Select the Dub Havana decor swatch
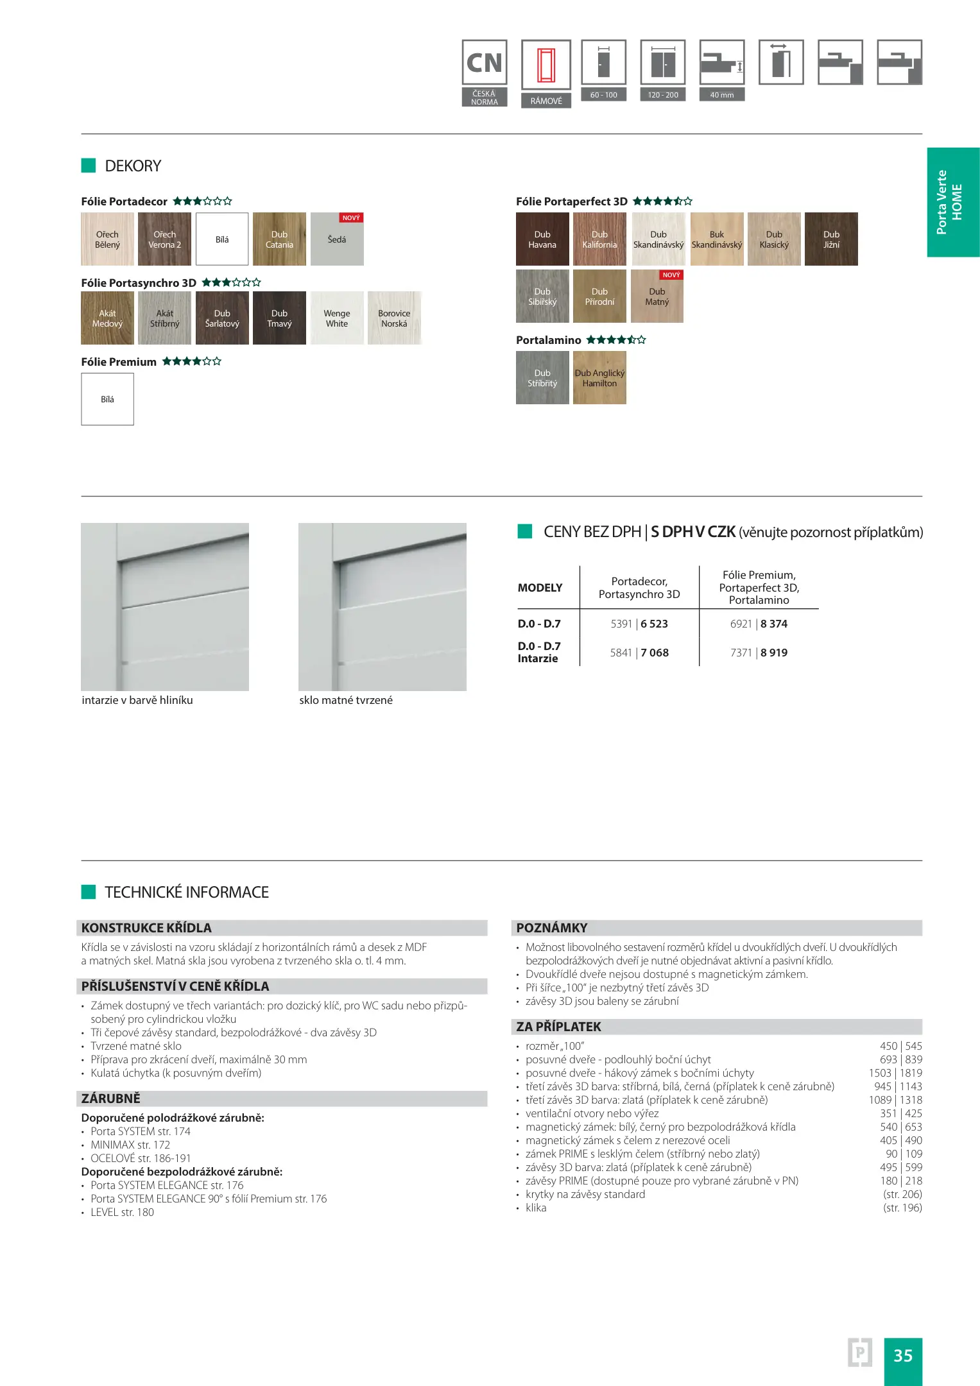point(542,239)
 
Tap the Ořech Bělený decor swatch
point(107,239)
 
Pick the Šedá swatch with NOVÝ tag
point(337,239)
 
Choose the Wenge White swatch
point(337,318)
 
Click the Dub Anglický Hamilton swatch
point(599,378)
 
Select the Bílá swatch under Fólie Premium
point(107,399)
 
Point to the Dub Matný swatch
point(657,296)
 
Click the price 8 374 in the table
point(774,624)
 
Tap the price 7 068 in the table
point(655,653)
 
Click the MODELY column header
point(540,588)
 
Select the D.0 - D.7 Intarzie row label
point(539,652)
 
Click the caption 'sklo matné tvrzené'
point(346,700)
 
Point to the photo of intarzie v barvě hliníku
point(165,606)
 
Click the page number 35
point(902,1355)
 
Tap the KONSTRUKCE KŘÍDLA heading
point(146,928)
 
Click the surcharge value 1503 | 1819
point(895,1073)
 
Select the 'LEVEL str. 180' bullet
point(122,1212)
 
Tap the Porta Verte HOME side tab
point(953,202)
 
